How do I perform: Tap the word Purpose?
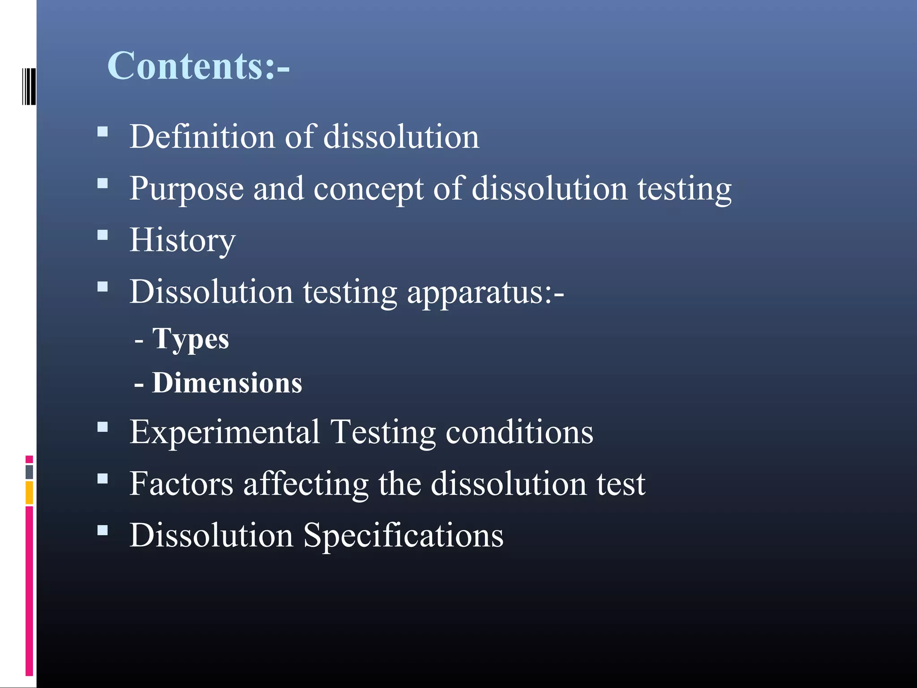pyautogui.click(x=186, y=189)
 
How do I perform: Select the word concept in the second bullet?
pyautogui.click(x=368, y=189)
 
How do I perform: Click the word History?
pyautogui.click(x=182, y=241)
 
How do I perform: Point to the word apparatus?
pyautogui.click(x=485, y=292)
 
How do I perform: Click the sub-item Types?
pyautogui.click(x=190, y=339)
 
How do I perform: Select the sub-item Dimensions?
pyautogui.click(x=227, y=383)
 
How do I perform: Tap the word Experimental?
pyautogui.click(x=225, y=432)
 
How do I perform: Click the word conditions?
pyautogui.click(x=519, y=432)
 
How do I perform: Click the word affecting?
pyautogui.click(x=305, y=485)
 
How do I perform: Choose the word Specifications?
pyautogui.click(x=403, y=536)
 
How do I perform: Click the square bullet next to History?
pyautogui.click(x=103, y=235)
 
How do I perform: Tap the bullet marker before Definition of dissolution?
pyautogui.click(x=103, y=132)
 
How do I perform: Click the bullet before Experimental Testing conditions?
pyautogui.click(x=103, y=427)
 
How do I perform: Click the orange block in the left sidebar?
pyautogui.click(x=29, y=492)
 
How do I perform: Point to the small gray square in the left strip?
pyautogui.click(x=29, y=472)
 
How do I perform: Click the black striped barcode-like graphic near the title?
pyautogui.click(x=29, y=86)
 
